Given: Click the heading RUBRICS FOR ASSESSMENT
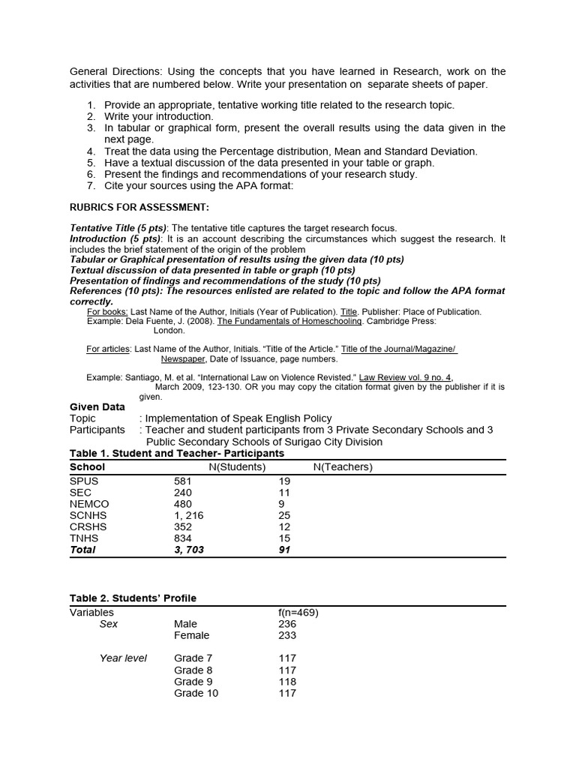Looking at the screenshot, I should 139,207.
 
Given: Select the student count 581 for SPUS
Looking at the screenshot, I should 183,481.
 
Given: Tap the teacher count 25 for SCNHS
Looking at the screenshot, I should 284,515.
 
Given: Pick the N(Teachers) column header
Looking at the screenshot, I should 343,466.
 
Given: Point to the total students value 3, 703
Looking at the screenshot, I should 189,550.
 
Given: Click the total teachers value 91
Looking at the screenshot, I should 284,550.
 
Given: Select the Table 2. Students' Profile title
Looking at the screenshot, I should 133,598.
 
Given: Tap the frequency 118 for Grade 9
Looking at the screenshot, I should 287,682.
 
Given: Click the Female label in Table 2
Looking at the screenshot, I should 192,635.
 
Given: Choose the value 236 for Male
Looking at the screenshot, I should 287,624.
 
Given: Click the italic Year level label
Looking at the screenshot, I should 124,658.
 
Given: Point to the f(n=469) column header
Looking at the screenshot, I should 298,612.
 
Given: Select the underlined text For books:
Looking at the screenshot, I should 108,311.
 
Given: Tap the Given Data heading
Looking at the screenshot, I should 97,407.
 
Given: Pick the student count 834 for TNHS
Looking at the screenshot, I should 183,538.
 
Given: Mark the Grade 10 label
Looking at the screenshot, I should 196,693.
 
